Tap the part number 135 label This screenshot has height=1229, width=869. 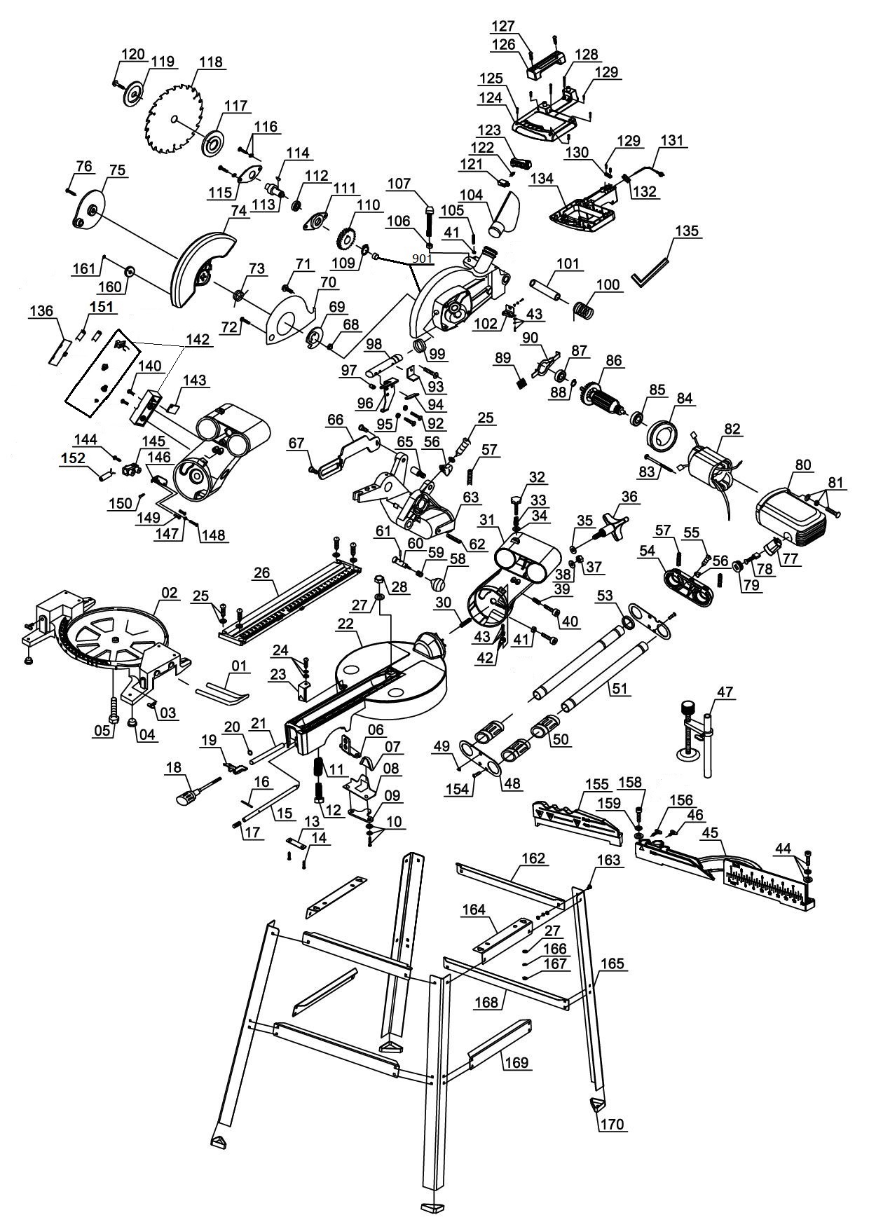coord(687,231)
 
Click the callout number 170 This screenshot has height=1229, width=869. coord(613,1125)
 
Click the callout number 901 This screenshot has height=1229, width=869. coord(422,258)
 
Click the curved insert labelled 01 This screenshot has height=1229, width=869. coord(220,690)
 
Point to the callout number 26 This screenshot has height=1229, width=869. coord(261,572)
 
